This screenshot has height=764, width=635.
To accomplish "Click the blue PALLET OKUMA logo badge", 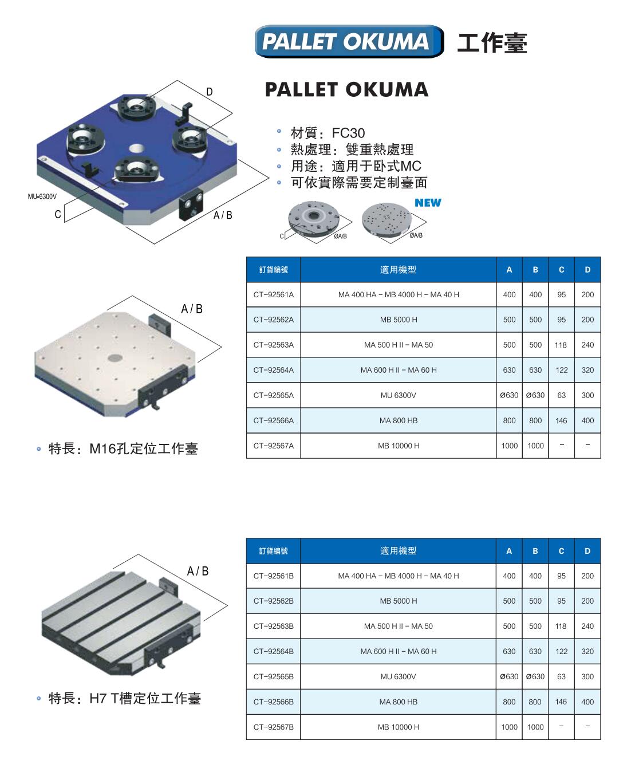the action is coord(349,41).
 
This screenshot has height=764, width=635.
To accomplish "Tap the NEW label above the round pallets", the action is coord(428,203).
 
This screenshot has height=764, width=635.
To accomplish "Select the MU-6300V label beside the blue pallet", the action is coord(42,196).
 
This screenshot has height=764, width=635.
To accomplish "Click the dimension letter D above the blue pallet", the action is coord(209,92).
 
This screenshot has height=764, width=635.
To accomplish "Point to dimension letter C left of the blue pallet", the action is coord(58,214).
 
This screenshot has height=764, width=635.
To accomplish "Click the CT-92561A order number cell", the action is coord(274,294).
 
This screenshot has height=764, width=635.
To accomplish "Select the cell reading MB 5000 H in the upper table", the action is coord(399,320).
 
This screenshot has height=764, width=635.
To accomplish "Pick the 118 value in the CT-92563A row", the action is coord(561,345).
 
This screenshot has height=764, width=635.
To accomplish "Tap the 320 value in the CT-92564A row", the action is coord(587,370).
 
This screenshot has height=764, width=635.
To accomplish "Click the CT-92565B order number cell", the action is coord(274,676).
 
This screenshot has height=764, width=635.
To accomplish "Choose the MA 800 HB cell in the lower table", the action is coord(399,702).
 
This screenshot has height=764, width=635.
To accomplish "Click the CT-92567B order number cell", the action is coord(274,727).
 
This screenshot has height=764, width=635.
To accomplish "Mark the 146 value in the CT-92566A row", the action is coord(561,420).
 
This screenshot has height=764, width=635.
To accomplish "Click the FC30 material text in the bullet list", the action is coord(348,133).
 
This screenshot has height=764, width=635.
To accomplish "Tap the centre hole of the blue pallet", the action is coord(136,148).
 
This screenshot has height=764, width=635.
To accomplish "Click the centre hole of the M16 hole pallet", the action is coord(115,357).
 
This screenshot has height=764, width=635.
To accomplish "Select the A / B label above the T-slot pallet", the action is coord(198,571).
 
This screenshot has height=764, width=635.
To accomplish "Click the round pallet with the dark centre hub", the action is coord(314,218).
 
